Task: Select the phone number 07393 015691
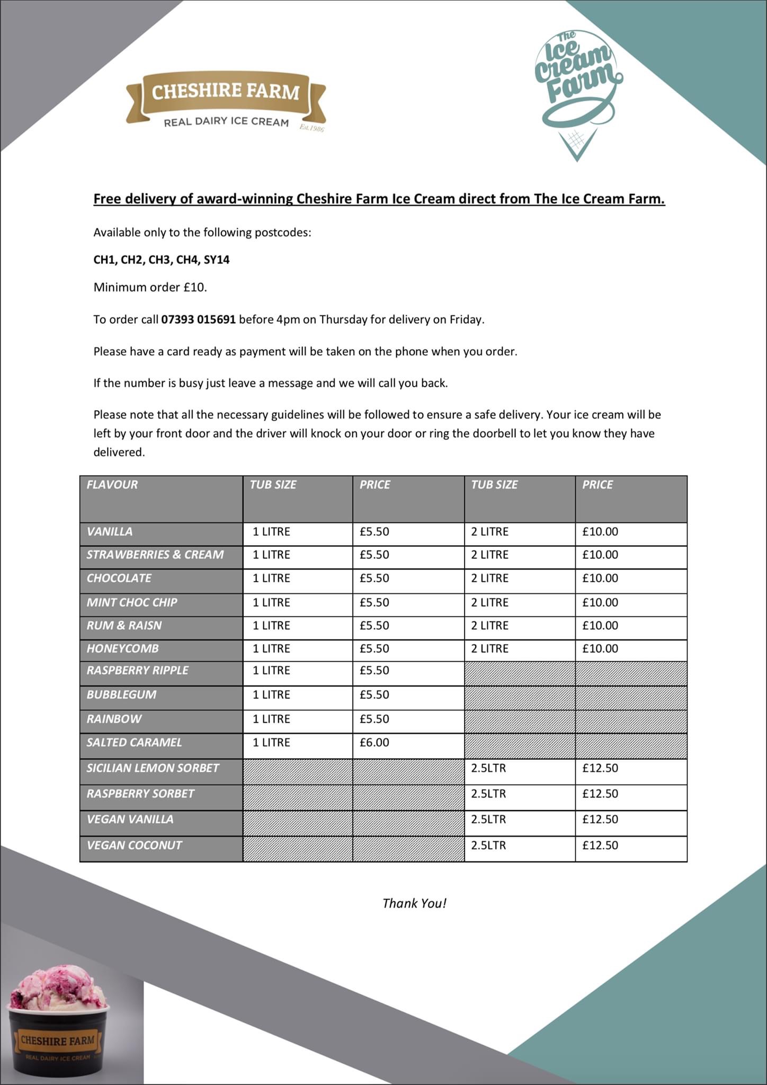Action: coord(198,319)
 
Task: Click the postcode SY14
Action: coord(217,260)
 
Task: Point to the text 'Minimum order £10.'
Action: coord(150,287)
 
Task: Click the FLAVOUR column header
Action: coord(112,485)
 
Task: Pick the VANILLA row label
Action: coord(110,531)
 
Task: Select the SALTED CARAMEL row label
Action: coord(134,742)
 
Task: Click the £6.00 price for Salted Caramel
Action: coord(374,742)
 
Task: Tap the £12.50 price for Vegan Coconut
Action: coord(600,845)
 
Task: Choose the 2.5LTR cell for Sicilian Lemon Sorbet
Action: coord(488,768)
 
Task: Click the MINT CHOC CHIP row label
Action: coord(132,602)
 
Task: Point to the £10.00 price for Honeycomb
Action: coord(600,648)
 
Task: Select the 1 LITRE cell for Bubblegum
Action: coord(271,695)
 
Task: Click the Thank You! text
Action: coord(414,903)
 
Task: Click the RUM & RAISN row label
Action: coord(124,625)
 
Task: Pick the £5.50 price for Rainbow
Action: coord(374,719)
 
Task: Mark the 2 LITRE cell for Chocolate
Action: coord(489,578)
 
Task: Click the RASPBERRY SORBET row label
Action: coord(140,794)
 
